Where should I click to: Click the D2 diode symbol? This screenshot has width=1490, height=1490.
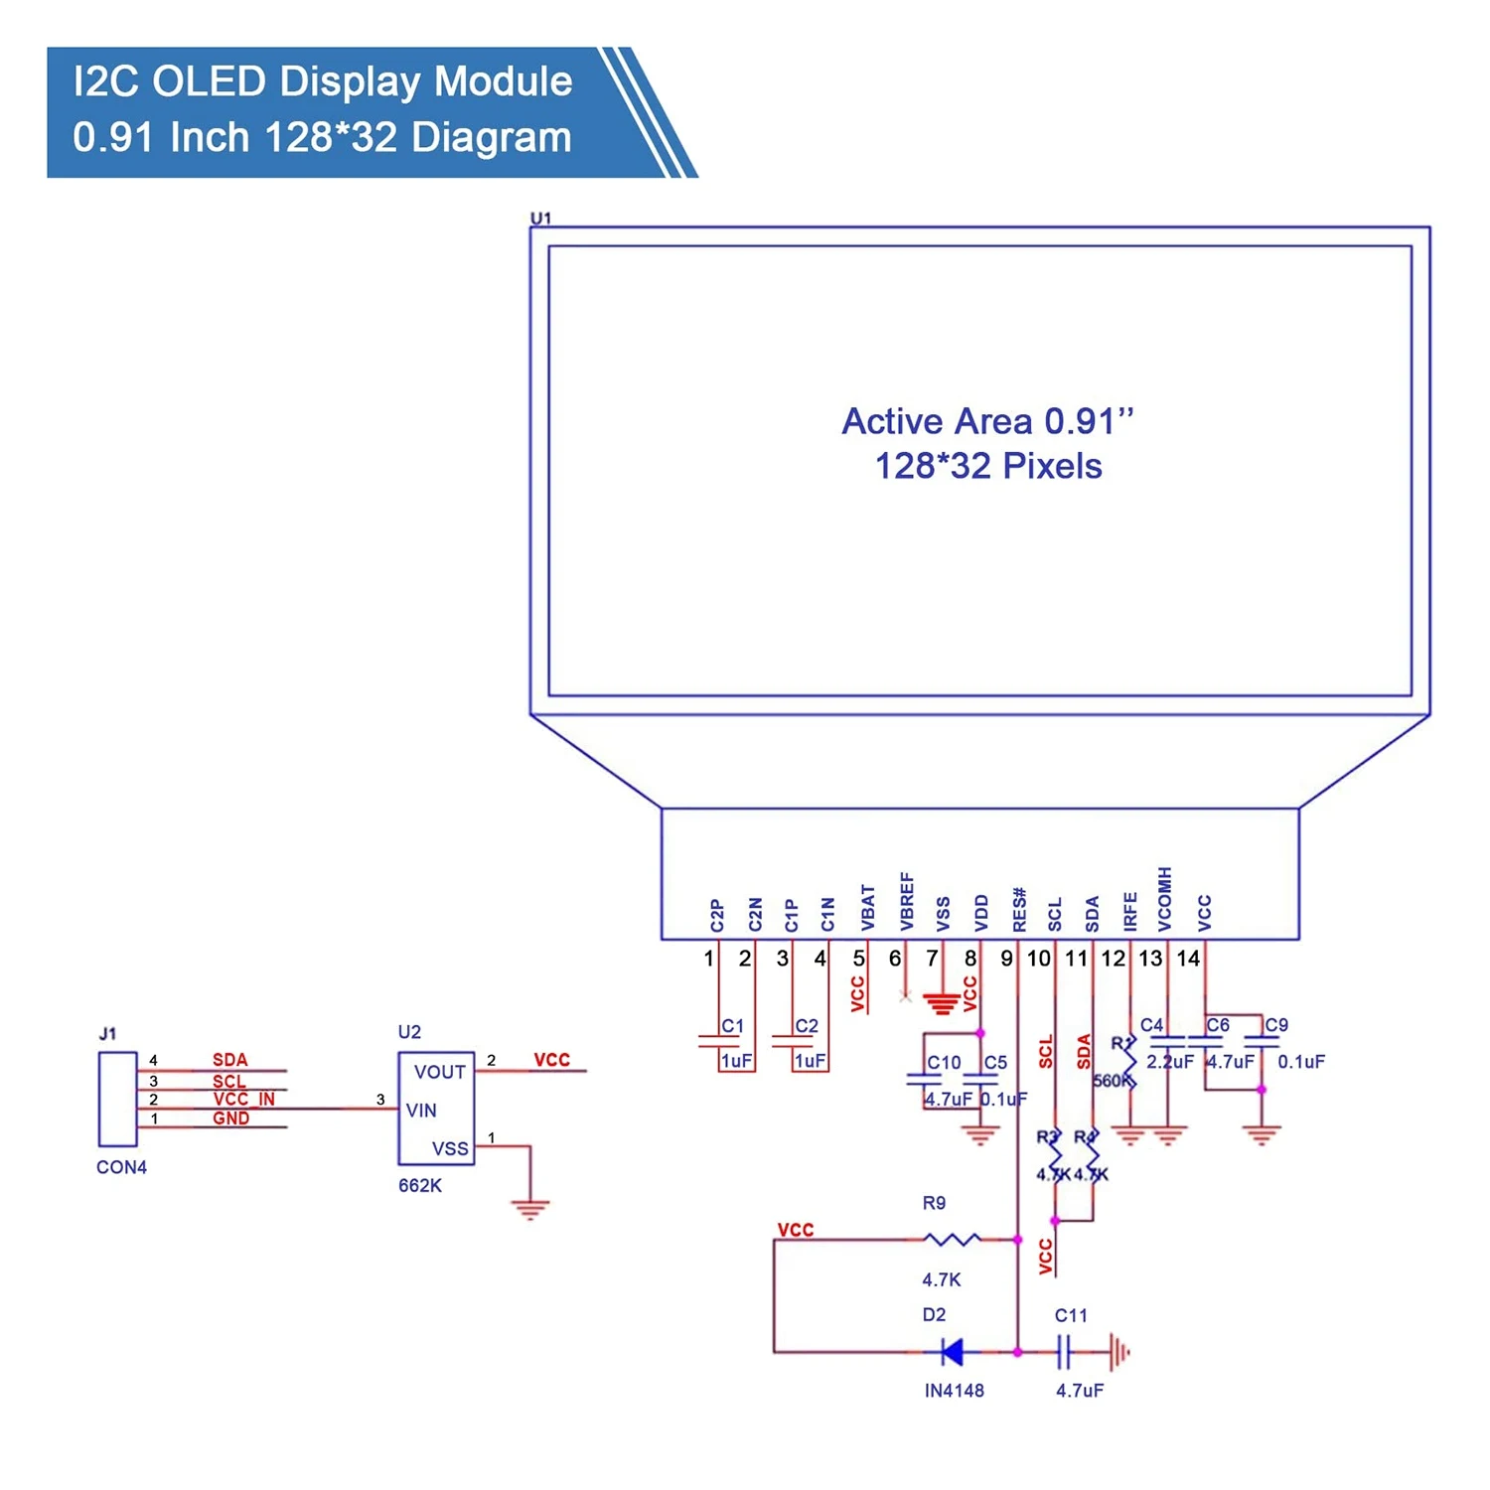952,1351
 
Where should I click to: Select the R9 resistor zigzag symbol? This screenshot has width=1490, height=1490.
952,1239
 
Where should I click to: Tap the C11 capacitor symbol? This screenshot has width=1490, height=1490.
1063,1351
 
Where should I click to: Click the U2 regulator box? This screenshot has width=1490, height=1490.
436,1109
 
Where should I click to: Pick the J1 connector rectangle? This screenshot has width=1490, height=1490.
117,1099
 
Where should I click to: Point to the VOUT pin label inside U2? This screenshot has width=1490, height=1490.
439,1072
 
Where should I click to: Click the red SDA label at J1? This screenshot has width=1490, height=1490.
229,1060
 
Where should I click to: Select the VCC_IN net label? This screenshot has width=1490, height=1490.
243,1099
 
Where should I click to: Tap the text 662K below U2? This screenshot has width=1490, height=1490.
419,1185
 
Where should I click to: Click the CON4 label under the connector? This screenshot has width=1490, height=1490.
121,1167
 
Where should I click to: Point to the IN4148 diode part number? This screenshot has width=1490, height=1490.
954,1391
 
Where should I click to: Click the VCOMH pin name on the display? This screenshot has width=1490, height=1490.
1165,899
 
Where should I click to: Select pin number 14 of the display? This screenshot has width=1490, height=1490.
1188,959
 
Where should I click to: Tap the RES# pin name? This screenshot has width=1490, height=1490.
1019,909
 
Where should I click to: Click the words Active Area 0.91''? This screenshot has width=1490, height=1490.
987,421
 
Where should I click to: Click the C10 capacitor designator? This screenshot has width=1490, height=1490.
944,1062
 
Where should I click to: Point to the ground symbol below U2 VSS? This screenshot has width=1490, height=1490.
530,1209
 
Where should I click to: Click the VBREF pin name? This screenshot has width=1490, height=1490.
906,902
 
